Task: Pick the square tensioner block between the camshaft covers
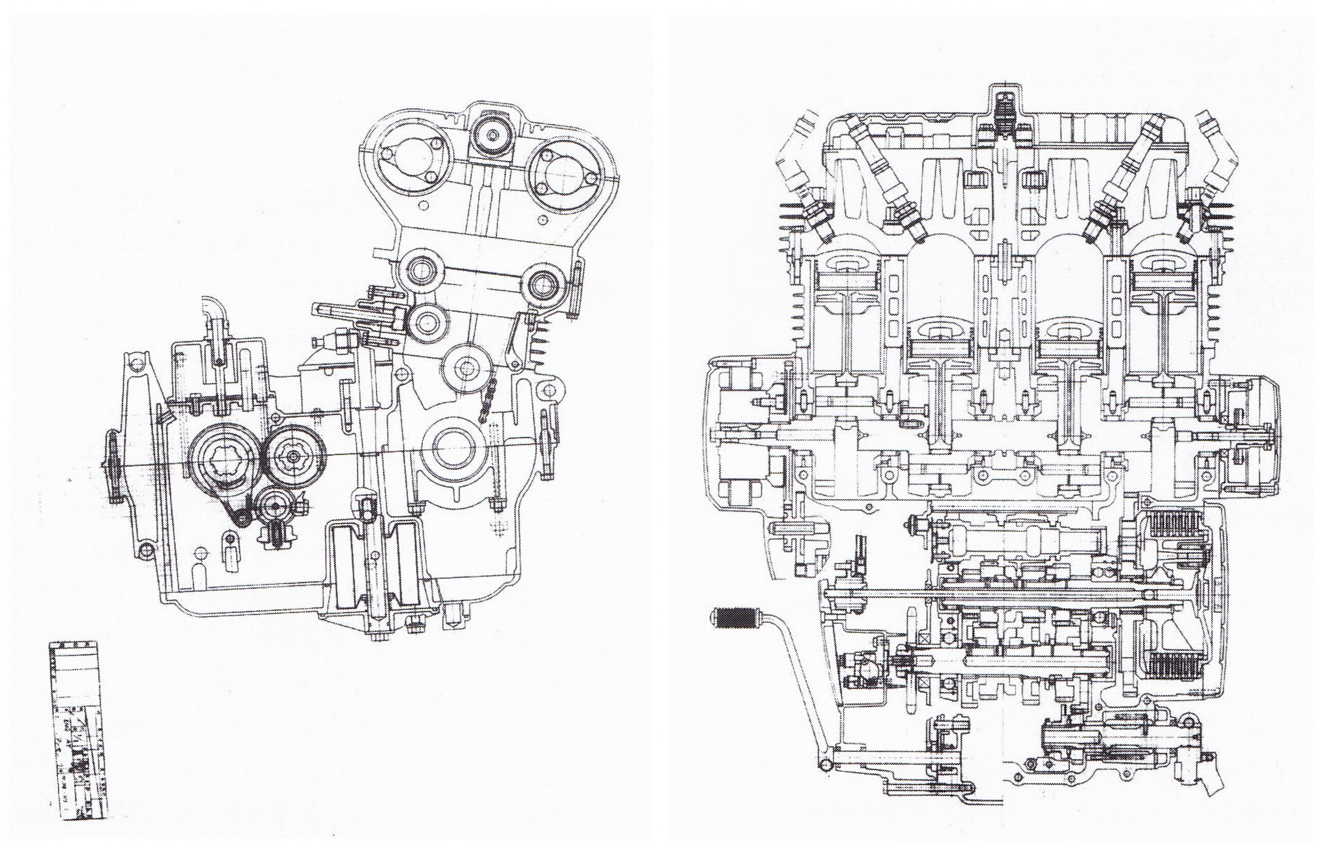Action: coord(491,135)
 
